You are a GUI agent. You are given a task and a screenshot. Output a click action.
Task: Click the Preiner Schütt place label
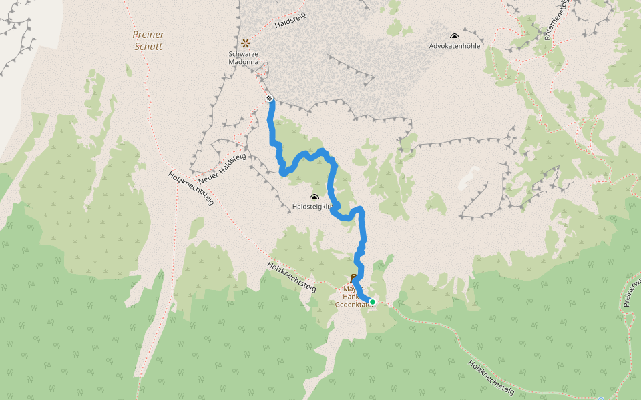pyautogui.click(x=148, y=40)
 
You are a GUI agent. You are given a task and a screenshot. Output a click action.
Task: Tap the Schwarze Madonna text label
pyautogui.click(x=248, y=57)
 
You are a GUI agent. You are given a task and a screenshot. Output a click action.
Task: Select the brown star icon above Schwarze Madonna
pyautogui.click(x=246, y=43)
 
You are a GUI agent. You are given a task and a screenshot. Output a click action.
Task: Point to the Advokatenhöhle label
pyautogui.click(x=454, y=46)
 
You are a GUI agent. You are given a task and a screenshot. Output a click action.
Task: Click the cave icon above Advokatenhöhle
pyautogui.click(x=455, y=37)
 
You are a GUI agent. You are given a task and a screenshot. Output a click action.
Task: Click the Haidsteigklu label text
pyautogui.click(x=312, y=207)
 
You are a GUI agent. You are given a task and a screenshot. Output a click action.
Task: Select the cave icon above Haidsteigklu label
pyautogui.click(x=314, y=197)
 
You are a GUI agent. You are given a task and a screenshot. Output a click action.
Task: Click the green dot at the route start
pyautogui.click(x=373, y=302)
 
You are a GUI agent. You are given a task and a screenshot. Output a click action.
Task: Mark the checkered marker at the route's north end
pyautogui.click(x=270, y=99)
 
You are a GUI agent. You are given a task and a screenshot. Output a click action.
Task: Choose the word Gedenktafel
pyautogui.click(x=352, y=304)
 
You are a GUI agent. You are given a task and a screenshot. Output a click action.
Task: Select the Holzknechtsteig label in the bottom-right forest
pyautogui.click(x=492, y=377)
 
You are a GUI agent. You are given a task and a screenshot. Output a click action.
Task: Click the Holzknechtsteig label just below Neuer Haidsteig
pyautogui.click(x=190, y=189)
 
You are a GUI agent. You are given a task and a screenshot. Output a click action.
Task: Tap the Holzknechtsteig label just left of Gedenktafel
pyautogui.click(x=291, y=277)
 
